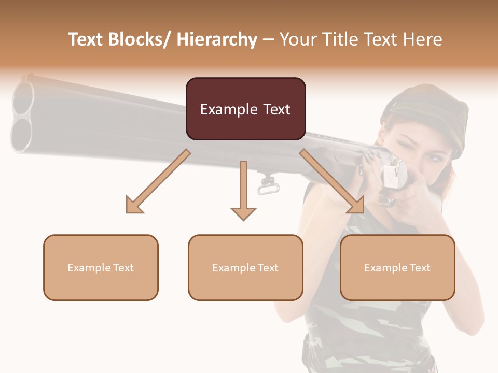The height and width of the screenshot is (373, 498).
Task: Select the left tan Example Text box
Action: coord(101,267)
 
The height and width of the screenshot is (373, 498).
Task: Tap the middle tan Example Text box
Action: coord(245,267)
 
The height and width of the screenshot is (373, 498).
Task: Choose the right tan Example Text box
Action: coord(397,267)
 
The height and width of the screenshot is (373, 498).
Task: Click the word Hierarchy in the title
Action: coord(217,39)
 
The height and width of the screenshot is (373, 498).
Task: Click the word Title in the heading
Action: coord(341,39)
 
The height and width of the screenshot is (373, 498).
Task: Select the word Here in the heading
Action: coord(423,39)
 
